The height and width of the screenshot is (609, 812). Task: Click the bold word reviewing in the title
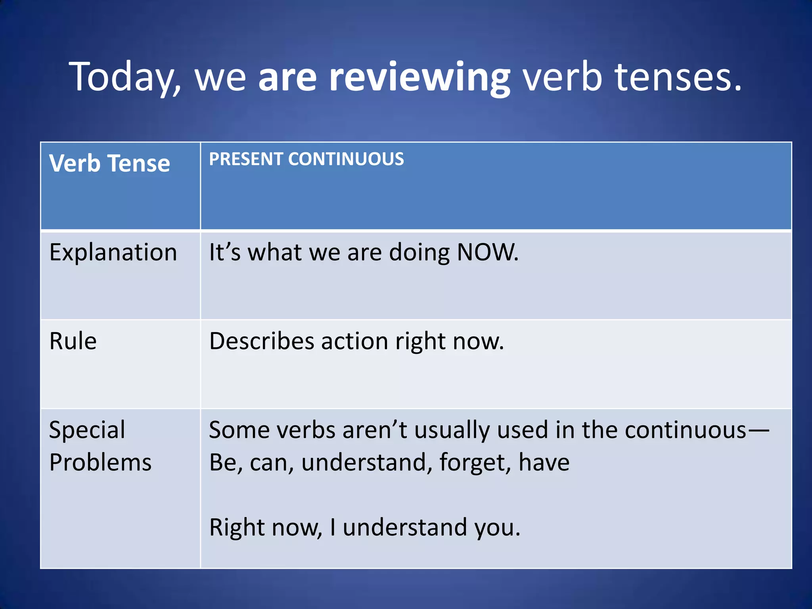pyautogui.click(x=419, y=77)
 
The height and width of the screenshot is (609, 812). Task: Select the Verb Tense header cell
pyautogui.click(x=109, y=163)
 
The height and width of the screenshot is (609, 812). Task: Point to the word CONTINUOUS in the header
pyautogui.click(x=346, y=159)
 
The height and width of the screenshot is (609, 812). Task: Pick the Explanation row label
pyautogui.click(x=113, y=253)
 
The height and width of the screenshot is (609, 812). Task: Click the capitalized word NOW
pyautogui.click(x=487, y=252)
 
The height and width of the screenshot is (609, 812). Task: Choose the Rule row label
pyautogui.click(x=73, y=341)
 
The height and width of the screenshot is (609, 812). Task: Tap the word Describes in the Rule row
pyautogui.click(x=261, y=341)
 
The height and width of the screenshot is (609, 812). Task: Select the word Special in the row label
pyautogui.click(x=87, y=430)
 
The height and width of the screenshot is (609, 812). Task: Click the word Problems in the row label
pyautogui.click(x=100, y=463)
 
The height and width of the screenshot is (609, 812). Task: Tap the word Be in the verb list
pyautogui.click(x=224, y=463)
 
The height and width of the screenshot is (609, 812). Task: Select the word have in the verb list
pyautogui.click(x=544, y=463)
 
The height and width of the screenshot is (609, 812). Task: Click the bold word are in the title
pyautogui.click(x=287, y=77)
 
